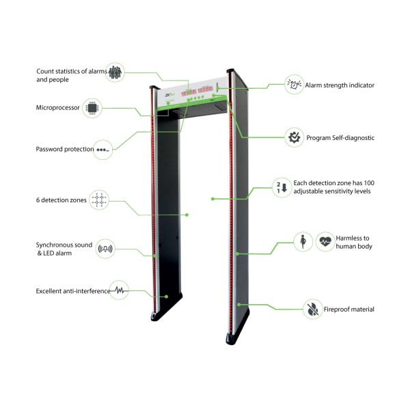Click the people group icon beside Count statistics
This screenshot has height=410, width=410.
115,72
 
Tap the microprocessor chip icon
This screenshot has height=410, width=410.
92,108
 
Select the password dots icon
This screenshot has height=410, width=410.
102,150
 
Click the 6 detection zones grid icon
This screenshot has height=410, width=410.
99,200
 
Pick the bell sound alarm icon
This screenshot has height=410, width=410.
105,249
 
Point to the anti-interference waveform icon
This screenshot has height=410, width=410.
119,290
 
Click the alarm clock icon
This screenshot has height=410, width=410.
294,85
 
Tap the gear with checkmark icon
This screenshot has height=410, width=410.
295,137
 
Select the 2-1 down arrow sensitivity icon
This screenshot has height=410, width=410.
282,187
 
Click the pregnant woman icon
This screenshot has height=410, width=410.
303,242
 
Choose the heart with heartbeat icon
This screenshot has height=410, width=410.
325,242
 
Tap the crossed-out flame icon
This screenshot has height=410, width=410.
313,309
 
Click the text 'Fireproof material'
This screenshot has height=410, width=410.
349,310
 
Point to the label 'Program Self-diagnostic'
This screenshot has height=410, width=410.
340,138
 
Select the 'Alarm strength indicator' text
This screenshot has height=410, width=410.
340,85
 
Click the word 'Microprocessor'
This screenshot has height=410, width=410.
58,108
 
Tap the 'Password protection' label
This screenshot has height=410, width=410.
65,149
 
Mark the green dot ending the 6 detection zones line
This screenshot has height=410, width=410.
187,215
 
